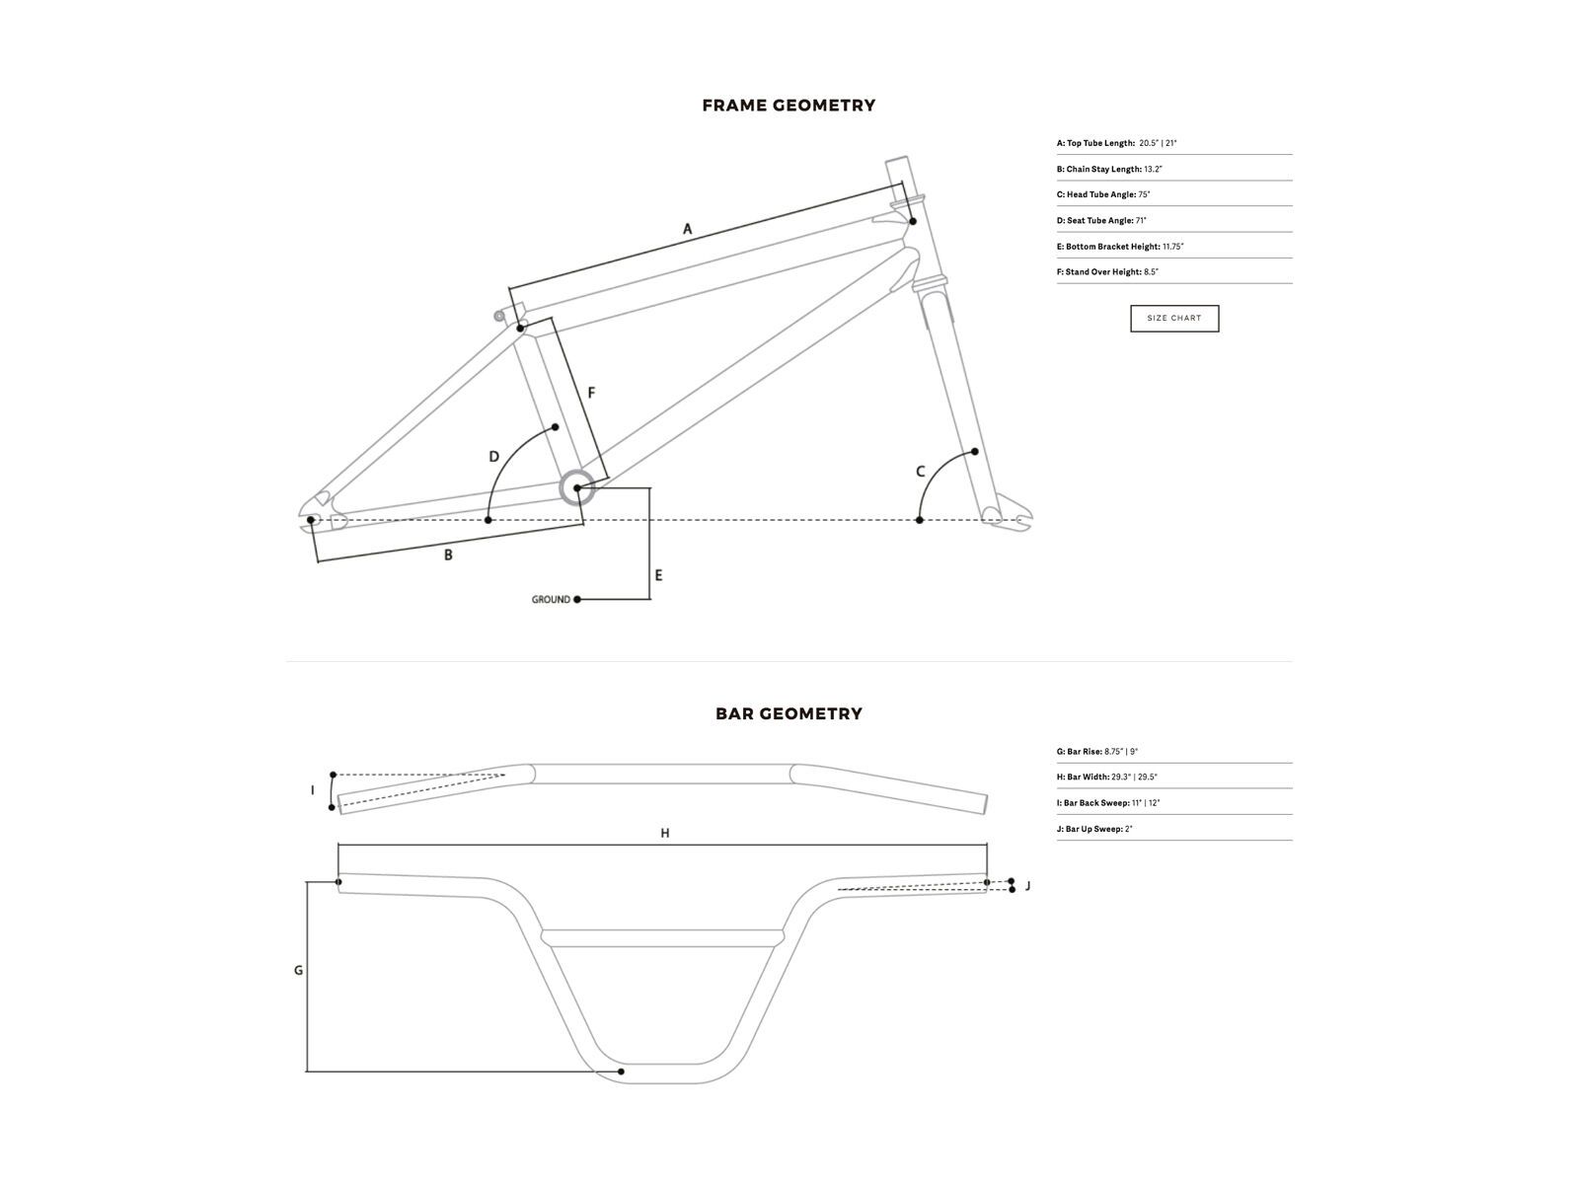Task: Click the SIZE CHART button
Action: tap(1174, 319)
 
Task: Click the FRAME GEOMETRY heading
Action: tap(789, 106)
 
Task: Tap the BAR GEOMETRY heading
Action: tap(789, 713)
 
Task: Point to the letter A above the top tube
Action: tap(687, 229)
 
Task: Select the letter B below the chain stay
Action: tap(448, 555)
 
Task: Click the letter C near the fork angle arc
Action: tap(920, 472)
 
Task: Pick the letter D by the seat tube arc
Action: tap(494, 457)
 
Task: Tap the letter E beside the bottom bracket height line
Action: tap(658, 576)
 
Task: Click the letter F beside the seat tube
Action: tap(591, 393)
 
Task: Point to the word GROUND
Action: tap(551, 600)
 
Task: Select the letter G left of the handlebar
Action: tap(299, 971)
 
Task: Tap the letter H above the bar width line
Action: tap(665, 833)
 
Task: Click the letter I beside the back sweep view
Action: tap(312, 790)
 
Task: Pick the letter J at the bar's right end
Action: tap(1027, 886)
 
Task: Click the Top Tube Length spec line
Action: tap(1116, 143)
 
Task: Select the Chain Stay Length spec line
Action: tap(1109, 169)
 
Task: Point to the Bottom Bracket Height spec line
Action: tap(1120, 247)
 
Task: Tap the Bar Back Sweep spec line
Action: tap(1108, 803)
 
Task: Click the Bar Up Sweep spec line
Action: tap(1094, 829)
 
